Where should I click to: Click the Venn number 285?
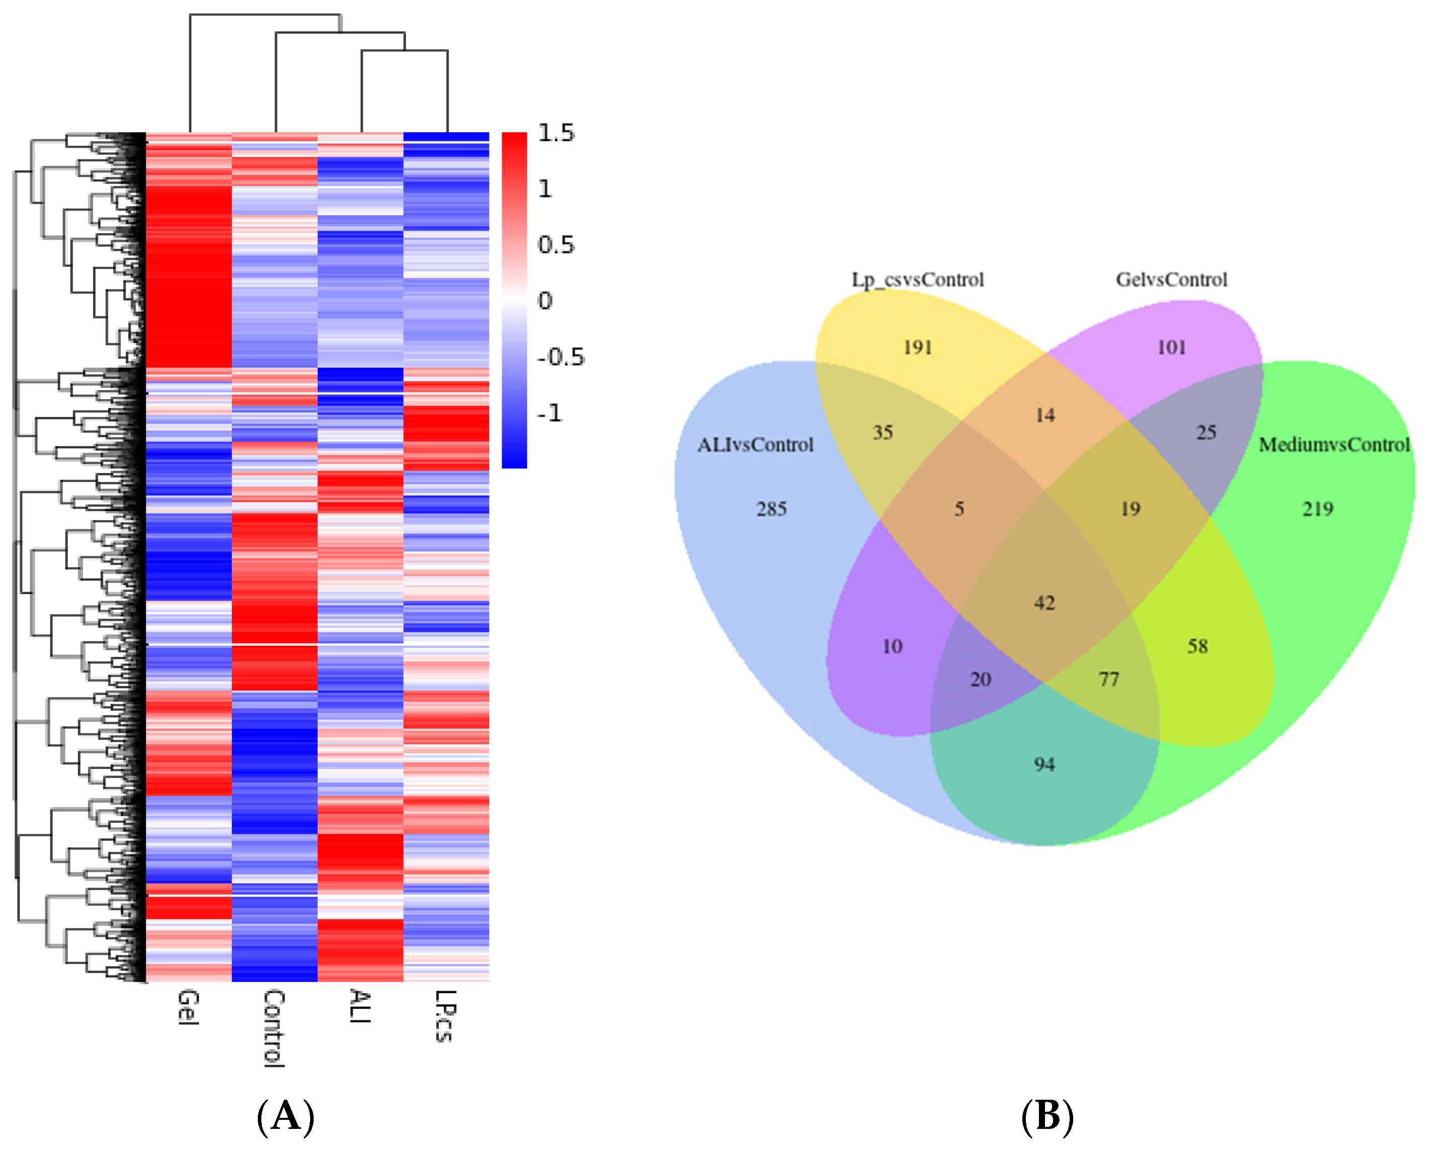[771, 509]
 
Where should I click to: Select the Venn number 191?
[918, 347]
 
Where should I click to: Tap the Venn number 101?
[1171, 347]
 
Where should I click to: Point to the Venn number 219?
[1317, 509]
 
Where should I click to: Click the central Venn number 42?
[1044, 603]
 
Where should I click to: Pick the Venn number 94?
[1044, 764]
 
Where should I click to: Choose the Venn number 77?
[1109, 680]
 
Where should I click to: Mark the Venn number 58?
[1198, 646]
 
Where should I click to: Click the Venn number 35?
[883, 433]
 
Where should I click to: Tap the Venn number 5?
[959, 509]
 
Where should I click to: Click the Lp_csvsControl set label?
[918, 280]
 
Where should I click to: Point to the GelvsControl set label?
[1171, 280]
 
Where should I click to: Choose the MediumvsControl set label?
[1333, 445]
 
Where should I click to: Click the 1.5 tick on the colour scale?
[556, 133]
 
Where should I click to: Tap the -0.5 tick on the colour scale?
[560, 357]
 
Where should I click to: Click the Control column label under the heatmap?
[274, 1028]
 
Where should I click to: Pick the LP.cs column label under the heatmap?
[446, 1016]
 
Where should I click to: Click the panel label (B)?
[1047, 1116]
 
